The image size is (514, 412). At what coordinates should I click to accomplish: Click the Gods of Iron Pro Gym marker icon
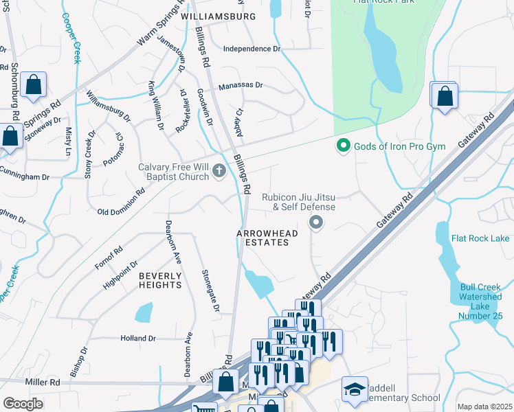coord(342,146)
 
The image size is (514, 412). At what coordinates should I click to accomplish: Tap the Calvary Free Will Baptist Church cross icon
coord(219,171)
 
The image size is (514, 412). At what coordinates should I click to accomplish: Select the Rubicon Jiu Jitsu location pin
coord(315,222)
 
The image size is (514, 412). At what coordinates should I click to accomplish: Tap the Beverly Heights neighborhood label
coord(160,279)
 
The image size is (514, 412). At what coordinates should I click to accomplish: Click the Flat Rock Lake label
coord(480,238)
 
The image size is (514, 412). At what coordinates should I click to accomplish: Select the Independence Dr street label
coord(253,49)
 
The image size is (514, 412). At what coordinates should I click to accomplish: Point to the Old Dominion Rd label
coord(121,211)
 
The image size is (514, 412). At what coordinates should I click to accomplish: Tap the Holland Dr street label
coord(138,339)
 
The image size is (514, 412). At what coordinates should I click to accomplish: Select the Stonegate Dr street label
coord(210,290)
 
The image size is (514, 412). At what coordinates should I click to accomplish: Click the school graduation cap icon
coord(355,390)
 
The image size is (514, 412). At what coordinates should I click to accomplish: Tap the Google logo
coord(23,404)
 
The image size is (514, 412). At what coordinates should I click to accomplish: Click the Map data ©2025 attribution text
coord(484,407)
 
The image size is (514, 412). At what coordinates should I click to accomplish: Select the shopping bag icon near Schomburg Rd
coord(33,86)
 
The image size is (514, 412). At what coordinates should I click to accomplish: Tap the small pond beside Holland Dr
coord(144,312)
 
